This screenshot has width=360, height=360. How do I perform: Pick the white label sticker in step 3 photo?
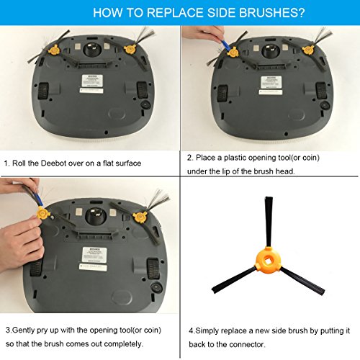(x=92, y=256)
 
